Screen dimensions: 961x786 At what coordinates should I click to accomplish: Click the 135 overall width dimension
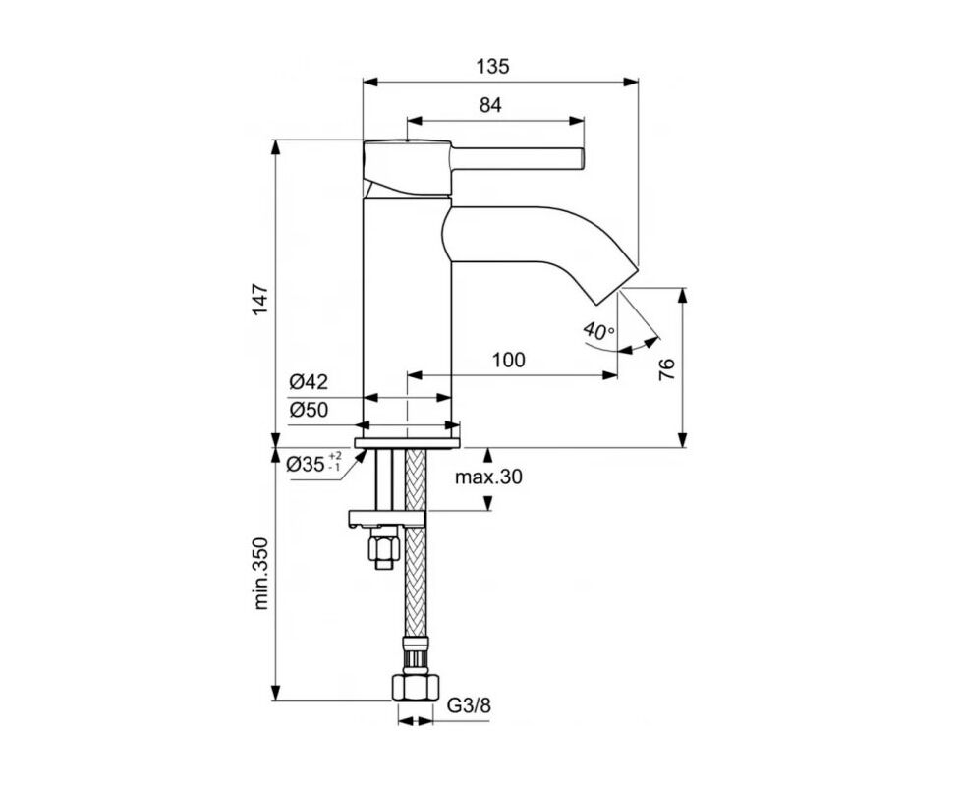492,66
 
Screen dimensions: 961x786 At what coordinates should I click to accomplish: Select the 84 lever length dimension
490,105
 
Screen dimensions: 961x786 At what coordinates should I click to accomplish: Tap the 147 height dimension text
261,299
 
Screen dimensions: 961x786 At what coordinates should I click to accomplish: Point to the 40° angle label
598,331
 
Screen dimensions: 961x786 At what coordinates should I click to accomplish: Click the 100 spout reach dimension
509,360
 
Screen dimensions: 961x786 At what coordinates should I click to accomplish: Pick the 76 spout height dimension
666,368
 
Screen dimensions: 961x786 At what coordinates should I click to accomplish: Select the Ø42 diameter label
309,381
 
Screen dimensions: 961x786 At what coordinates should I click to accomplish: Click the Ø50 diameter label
309,410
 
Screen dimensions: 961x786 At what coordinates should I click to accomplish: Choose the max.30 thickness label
488,476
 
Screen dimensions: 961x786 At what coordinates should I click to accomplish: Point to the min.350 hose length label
261,574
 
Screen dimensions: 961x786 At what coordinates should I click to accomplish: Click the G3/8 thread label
469,705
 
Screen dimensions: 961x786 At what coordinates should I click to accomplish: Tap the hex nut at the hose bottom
416,688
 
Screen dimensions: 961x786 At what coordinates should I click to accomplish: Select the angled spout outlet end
616,286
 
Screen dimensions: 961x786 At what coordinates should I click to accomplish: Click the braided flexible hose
415,545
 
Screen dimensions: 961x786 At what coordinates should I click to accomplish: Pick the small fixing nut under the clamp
383,548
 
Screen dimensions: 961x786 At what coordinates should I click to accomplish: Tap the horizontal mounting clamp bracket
386,519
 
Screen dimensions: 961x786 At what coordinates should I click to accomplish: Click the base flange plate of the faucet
407,443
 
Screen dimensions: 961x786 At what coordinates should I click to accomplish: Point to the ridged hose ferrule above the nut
415,656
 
